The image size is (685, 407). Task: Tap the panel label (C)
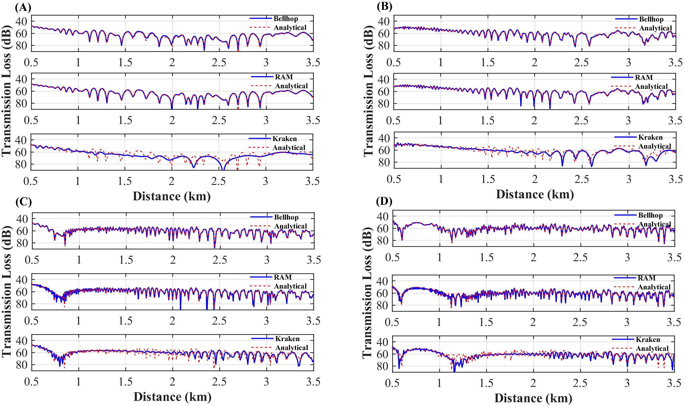23,201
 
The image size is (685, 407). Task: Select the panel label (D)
384,201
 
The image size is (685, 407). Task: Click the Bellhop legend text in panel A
286,19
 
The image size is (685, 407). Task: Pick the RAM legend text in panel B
644,77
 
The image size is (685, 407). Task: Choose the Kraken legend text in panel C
287,339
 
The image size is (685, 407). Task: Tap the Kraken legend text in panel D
648,339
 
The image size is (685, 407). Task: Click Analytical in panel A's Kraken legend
289,147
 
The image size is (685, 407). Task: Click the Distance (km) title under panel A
171,196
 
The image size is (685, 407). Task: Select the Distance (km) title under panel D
533,398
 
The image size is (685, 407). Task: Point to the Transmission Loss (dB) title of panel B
368,91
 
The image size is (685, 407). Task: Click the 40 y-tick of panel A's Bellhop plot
21,21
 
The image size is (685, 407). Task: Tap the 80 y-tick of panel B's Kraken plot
384,162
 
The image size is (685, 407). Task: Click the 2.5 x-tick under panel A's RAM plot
219,120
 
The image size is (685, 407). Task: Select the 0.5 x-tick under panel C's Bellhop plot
32,260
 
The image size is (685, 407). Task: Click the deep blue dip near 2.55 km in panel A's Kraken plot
223,168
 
